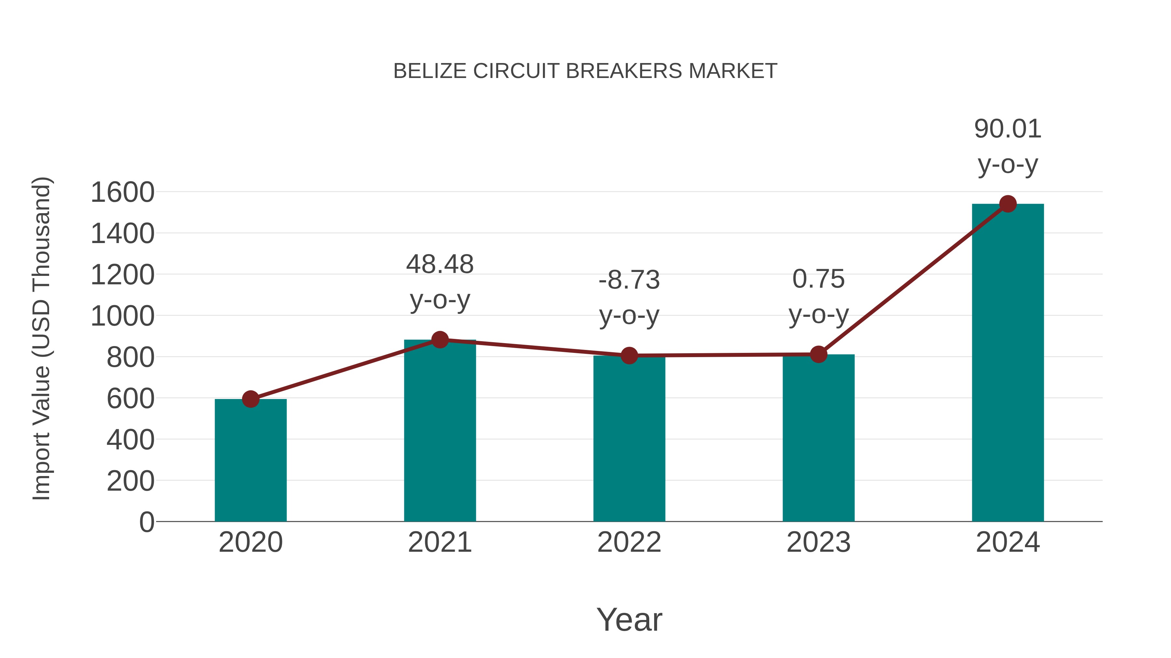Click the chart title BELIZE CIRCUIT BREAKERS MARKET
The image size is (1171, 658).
pyautogui.click(x=585, y=71)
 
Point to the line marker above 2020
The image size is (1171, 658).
pyautogui.click(x=250, y=399)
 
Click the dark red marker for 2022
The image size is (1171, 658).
pyautogui.click(x=629, y=355)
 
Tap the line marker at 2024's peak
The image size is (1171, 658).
pyautogui.click(x=1008, y=204)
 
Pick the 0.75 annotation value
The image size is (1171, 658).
pyautogui.click(x=818, y=279)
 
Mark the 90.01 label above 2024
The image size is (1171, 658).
pyautogui.click(x=1008, y=129)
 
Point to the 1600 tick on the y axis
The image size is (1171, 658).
pyautogui.click(x=122, y=193)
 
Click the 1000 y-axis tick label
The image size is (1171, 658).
pyautogui.click(x=122, y=316)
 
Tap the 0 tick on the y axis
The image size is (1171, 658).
pyautogui.click(x=146, y=522)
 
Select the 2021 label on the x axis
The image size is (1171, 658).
pyautogui.click(x=439, y=542)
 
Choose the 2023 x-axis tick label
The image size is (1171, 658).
pyautogui.click(x=818, y=542)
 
